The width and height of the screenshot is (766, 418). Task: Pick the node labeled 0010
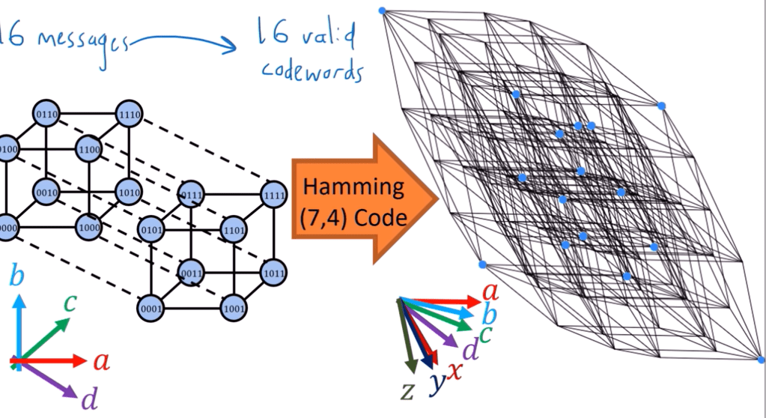click(46, 192)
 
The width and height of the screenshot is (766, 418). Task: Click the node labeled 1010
click(128, 192)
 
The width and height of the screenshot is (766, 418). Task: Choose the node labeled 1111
click(273, 195)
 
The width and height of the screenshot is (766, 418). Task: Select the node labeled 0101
click(151, 228)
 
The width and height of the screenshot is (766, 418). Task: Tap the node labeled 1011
click(273, 273)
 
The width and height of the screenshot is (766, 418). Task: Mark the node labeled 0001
click(151, 307)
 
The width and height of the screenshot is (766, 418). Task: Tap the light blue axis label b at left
click(16, 276)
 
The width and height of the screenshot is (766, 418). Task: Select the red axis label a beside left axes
click(102, 363)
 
